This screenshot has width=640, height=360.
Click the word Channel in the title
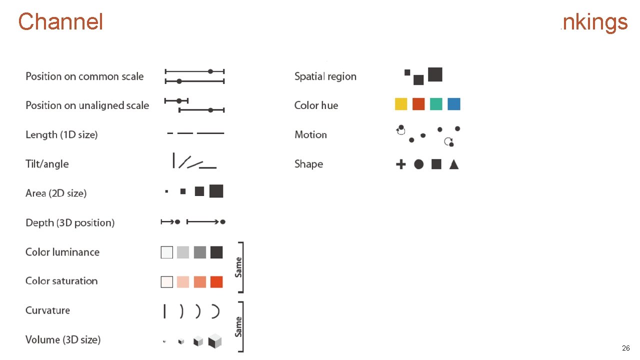tap(60, 22)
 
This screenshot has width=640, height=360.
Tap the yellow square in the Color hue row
tap(401, 104)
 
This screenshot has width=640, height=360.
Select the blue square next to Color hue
tap(454, 104)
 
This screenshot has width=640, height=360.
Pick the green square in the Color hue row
tap(436, 104)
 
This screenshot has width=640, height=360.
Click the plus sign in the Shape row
tap(401, 164)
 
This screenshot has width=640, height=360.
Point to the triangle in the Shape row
tap(454, 164)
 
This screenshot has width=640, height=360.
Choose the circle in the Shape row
tap(419, 164)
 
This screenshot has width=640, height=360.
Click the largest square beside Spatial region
tap(435, 74)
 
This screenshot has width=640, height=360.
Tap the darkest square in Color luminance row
tap(216, 252)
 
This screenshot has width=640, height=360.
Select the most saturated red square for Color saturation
tap(216, 281)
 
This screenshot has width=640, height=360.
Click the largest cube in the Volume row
tap(215, 341)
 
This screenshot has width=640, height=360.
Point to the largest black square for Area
tap(216, 191)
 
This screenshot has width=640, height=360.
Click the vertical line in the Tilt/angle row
tap(173, 160)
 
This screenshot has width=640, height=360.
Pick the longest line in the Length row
tap(210, 133)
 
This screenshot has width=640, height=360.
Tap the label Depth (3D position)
tap(70, 223)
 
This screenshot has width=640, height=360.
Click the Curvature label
tap(47, 310)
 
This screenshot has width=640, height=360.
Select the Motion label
tap(310, 135)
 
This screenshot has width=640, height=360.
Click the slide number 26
tap(625, 348)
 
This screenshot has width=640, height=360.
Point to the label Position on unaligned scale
tap(87, 105)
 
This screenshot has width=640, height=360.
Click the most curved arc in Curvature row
tap(216, 311)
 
